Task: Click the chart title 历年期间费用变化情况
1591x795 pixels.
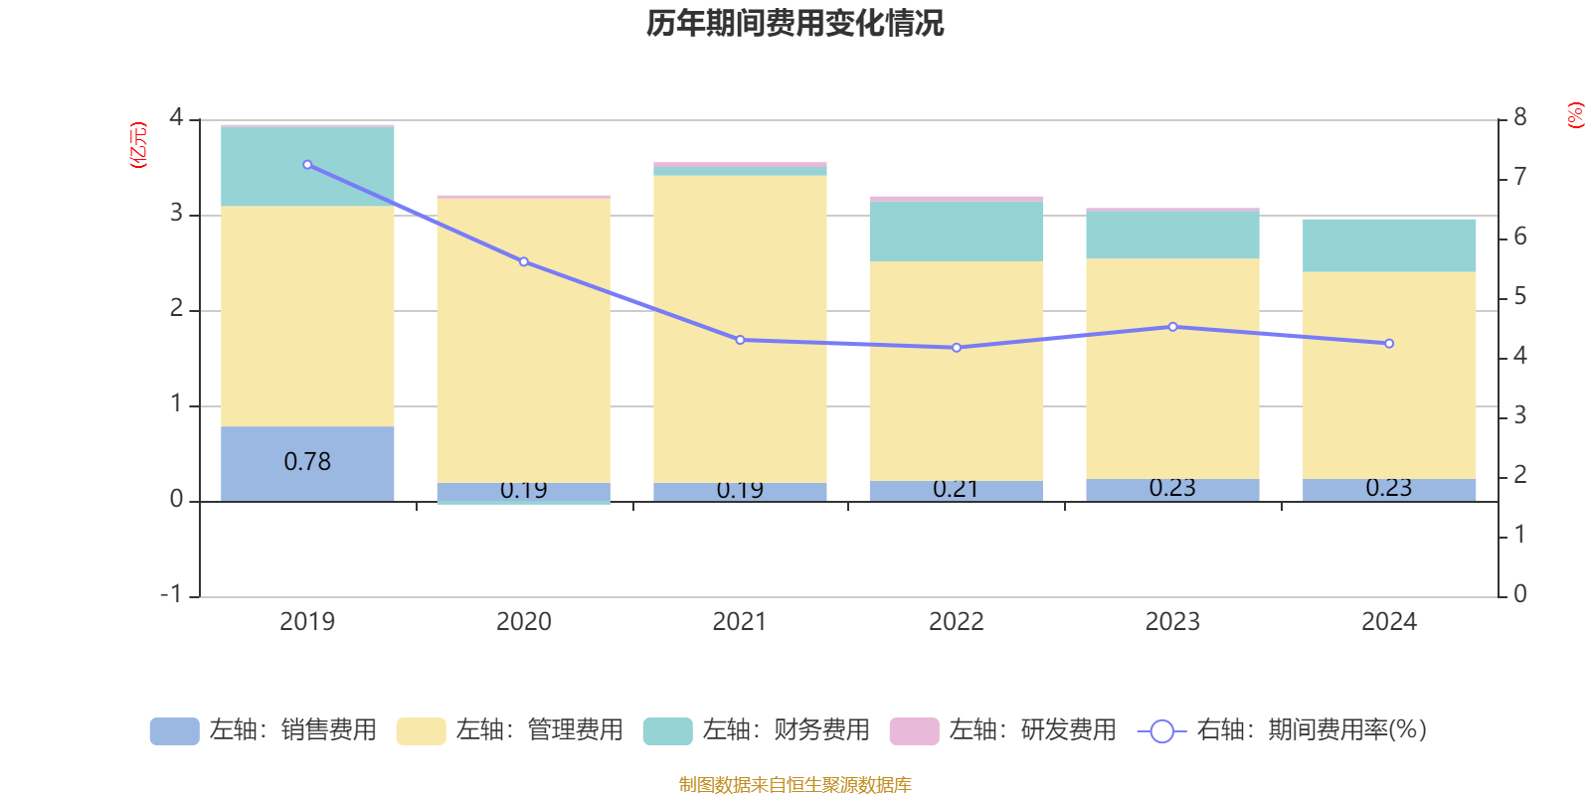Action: coord(795,23)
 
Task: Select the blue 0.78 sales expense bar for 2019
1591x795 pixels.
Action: coord(307,463)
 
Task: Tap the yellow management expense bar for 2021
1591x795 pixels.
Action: coord(740,328)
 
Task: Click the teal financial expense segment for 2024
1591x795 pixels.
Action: coord(1389,245)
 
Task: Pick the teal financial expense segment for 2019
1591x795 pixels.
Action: coord(307,167)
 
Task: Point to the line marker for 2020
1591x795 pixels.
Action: coord(524,262)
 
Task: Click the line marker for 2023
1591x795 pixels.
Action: coord(1173,327)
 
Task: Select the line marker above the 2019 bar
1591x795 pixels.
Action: coord(307,165)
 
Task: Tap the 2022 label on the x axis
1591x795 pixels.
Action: coord(956,622)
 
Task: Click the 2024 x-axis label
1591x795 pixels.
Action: coord(1388,622)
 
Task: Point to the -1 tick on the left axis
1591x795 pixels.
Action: coord(172,594)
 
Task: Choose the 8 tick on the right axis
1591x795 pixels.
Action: coord(1519,118)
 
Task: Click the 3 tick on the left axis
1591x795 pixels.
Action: coord(176,214)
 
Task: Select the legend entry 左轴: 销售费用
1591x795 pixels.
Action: coord(264,730)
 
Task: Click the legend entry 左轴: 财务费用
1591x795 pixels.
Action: coord(757,730)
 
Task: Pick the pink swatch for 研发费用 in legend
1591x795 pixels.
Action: coord(914,731)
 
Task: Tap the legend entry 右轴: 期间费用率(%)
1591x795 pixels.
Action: coord(1283,730)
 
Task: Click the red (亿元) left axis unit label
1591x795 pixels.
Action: coord(138,145)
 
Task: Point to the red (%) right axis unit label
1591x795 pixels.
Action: coord(1575,115)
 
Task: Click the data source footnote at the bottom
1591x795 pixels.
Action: coord(795,785)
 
